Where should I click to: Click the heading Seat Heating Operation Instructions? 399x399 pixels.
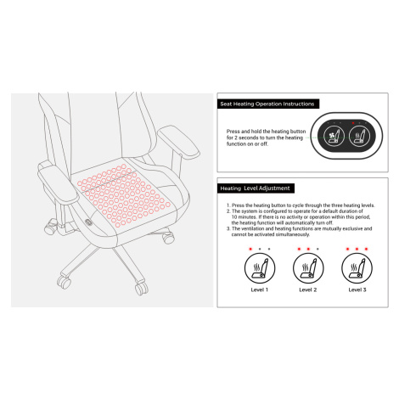click(267, 104)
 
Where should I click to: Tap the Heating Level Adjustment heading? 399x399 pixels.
click(255, 188)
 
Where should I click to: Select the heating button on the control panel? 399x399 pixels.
click(359, 137)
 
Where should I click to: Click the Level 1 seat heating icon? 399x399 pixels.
click(260, 268)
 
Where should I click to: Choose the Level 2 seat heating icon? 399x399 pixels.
click(308, 268)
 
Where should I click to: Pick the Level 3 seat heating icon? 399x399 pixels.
click(357, 268)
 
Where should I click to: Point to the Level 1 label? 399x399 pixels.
click(259, 289)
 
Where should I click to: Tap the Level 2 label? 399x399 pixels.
click(308, 289)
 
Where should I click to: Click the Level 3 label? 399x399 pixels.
click(357, 289)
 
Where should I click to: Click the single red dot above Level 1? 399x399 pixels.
click(250, 249)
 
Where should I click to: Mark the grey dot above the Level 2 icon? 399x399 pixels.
click(318, 249)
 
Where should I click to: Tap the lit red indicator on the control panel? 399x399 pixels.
click(353, 123)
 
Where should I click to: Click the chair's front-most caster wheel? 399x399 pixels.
click(141, 288)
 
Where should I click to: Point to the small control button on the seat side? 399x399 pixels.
click(88, 222)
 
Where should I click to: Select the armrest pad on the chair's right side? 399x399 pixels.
click(179, 141)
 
